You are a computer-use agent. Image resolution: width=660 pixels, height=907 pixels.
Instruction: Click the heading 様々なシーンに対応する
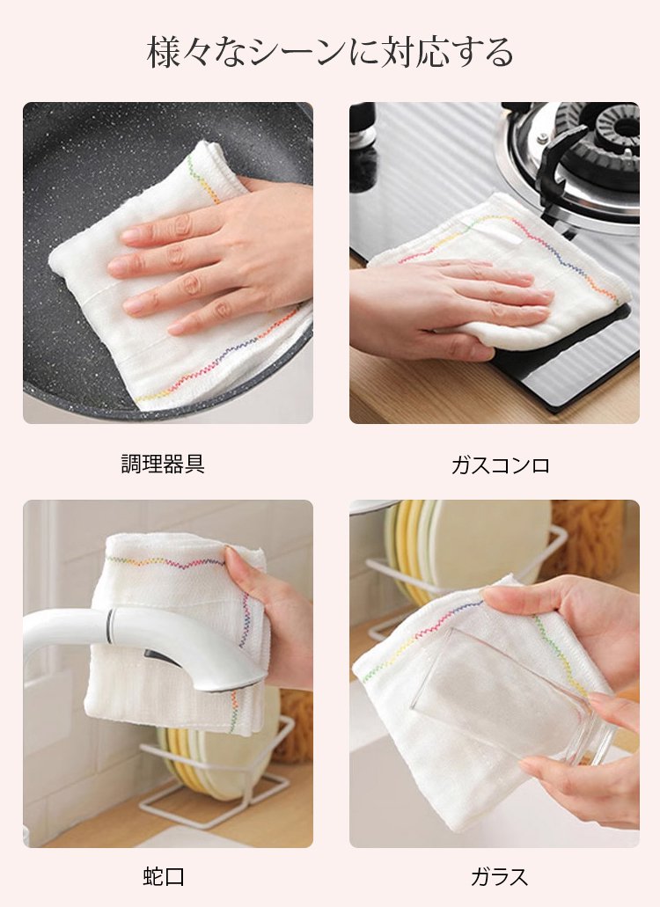pyautogui.click(x=330, y=53)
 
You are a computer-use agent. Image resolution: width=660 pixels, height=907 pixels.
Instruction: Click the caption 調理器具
pyautogui.click(x=163, y=464)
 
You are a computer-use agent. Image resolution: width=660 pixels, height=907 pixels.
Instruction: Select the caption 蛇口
pyautogui.click(x=164, y=876)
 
